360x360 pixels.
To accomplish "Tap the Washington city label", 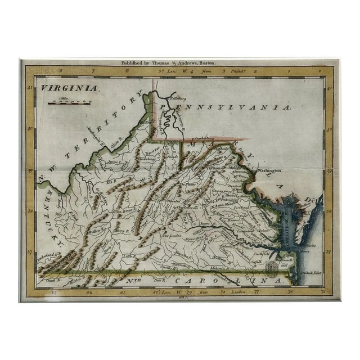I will click(x=268, y=169).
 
